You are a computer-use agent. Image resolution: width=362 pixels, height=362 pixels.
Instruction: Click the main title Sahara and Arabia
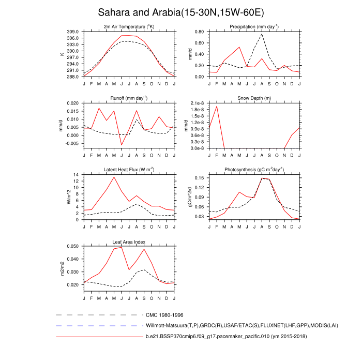[x=180, y=12]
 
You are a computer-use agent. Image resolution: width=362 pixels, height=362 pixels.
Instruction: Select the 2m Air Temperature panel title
[x=129, y=26]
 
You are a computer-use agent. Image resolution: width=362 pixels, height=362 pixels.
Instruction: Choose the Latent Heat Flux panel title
[x=129, y=170]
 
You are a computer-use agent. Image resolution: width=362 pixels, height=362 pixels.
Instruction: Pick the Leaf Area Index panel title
[x=129, y=242]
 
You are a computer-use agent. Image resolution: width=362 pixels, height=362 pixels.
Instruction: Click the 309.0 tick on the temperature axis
[x=73, y=32]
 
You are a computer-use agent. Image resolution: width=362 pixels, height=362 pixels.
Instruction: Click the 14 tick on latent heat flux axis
[x=77, y=175]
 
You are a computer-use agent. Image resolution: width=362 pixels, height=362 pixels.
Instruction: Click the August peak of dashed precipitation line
[x=262, y=34]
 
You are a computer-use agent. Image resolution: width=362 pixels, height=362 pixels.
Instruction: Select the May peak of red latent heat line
[x=114, y=177]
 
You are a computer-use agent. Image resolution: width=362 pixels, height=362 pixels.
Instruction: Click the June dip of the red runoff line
[x=122, y=145]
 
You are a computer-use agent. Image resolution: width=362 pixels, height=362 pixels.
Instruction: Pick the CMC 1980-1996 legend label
[x=164, y=315]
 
